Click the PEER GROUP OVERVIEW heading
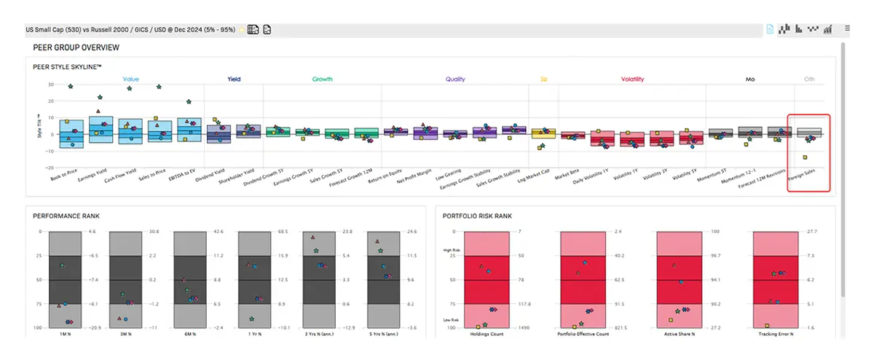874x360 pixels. [76, 47]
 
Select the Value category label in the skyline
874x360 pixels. [131, 79]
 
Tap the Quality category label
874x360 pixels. [455, 79]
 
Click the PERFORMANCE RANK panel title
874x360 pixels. [67, 216]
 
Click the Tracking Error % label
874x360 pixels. [776, 334]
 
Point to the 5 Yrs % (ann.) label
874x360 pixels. [383, 334]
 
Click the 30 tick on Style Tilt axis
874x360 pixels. [50, 85]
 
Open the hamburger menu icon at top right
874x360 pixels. [847, 28]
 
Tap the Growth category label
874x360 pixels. [323, 79]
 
